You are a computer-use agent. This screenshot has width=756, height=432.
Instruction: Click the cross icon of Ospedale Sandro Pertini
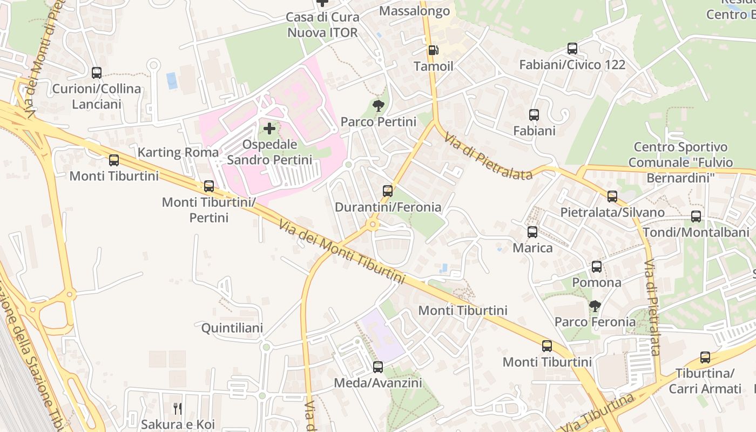(x=269, y=129)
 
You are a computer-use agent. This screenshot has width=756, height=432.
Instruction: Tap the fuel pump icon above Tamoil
(x=433, y=50)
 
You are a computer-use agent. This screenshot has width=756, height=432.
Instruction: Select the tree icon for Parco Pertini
(x=379, y=106)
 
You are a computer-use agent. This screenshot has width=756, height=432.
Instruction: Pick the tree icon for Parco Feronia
(x=595, y=306)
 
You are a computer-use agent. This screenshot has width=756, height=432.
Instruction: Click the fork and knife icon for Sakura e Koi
(x=178, y=408)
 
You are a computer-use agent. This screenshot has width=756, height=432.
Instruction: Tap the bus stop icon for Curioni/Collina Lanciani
(x=97, y=72)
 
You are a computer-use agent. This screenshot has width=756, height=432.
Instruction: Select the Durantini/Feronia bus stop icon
(x=388, y=191)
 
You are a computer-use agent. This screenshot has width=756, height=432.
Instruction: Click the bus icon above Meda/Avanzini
(x=378, y=367)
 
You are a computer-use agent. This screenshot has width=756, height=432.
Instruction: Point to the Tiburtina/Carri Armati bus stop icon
(x=705, y=357)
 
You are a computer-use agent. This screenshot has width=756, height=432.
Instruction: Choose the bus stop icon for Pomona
(x=597, y=266)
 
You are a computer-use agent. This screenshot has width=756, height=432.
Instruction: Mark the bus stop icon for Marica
(x=532, y=232)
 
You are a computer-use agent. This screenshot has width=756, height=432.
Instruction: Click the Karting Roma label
(x=178, y=152)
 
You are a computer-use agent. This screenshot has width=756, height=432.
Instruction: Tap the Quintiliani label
(x=232, y=328)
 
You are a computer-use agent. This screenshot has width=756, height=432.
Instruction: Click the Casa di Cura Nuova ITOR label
(x=322, y=25)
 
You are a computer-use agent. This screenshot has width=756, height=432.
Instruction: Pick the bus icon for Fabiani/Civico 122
(x=572, y=49)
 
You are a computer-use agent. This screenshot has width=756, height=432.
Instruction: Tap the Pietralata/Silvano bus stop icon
(x=612, y=197)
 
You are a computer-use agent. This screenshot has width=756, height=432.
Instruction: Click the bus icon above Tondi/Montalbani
(x=696, y=217)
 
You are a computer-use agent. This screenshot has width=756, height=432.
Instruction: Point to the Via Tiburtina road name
(x=598, y=413)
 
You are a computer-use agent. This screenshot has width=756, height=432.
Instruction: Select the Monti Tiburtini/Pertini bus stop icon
(x=209, y=186)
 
